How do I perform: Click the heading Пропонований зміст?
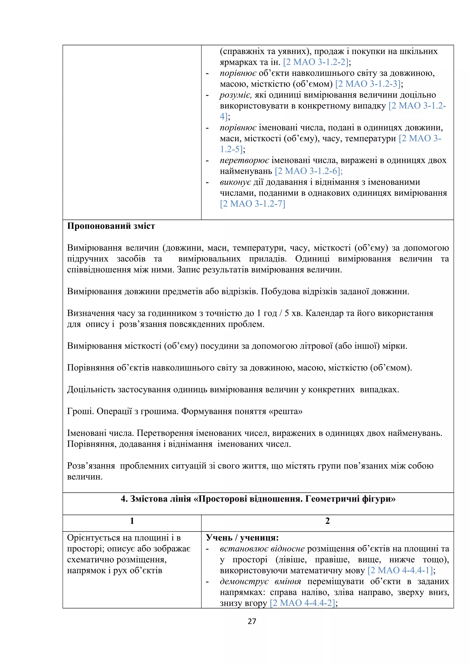click(111, 226)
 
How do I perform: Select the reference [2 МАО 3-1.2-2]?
click(316, 62)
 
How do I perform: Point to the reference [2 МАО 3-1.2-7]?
click(252, 204)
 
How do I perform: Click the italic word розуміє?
click(235, 95)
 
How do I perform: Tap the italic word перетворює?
click(244, 160)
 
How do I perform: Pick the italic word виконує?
click(235, 182)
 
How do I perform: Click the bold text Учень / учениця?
click(242, 538)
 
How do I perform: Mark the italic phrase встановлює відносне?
click(262, 549)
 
